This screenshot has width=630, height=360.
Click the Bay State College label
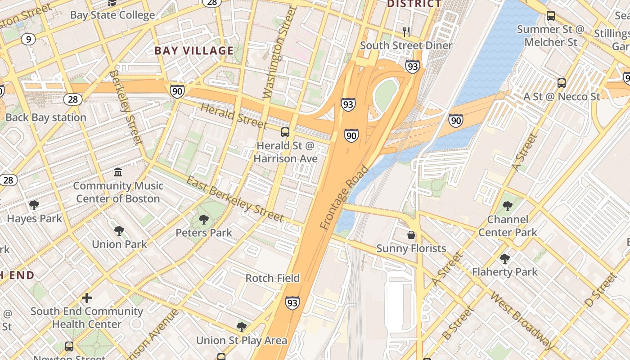[x=112, y=15]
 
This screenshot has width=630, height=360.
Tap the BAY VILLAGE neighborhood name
[x=194, y=50]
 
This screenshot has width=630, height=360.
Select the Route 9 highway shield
[x=28, y=40]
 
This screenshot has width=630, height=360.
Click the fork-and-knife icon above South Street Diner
[x=406, y=31]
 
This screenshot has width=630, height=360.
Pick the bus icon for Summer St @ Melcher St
[x=550, y=16]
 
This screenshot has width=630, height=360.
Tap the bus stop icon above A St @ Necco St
[x=561, y=83]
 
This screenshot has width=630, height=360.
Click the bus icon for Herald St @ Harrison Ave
[x=285, y=132]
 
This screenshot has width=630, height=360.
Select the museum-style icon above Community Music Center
[x=118, y=172]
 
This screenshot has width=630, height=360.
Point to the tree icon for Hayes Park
[x=34, y=206]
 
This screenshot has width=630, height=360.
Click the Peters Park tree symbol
[x=203, y=220]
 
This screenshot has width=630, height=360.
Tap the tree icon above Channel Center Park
[x=507, y=207]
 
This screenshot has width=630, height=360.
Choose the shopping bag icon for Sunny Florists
[x=411, y=235]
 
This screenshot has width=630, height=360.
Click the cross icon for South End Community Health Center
[x=86, y=298]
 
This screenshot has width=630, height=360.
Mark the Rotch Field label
[x=272, y=278]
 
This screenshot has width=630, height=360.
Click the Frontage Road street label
[x=344, y=198]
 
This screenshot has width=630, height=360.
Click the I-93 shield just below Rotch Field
[x=292, y=303]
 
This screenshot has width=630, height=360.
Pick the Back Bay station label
[x=45, y=117]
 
